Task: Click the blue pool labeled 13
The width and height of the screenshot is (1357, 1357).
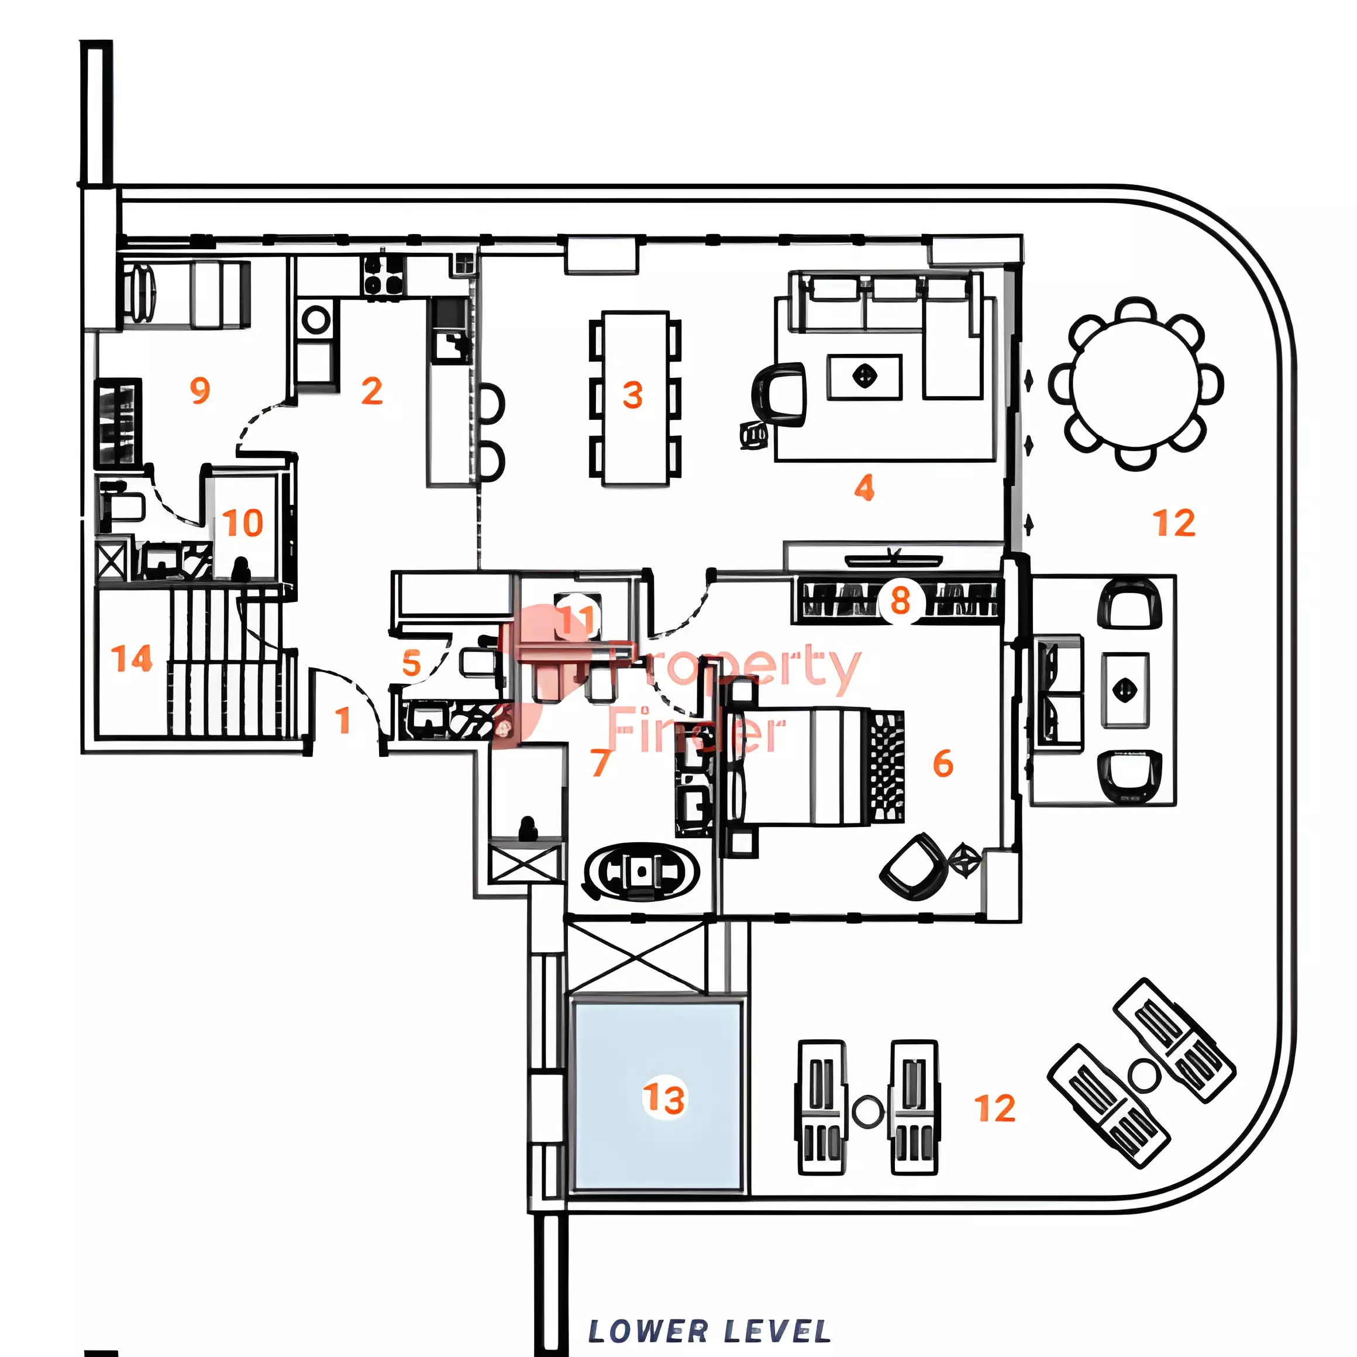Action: pos(658,1096)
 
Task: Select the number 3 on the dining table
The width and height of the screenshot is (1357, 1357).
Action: pos(633,395)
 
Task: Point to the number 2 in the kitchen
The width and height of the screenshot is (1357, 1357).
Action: pos(371,391)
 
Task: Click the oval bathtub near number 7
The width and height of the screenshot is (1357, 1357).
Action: pos(641,871)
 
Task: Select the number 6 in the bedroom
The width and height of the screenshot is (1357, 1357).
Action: pos(943,763)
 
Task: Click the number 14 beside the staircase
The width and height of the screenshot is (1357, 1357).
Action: pos(132,659)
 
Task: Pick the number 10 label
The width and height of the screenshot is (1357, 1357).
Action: pos(243,523)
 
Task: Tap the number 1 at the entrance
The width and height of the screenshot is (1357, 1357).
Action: pos(343,720)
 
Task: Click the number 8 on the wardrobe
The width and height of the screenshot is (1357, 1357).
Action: pos(900,601)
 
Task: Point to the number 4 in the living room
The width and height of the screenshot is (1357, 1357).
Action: pos(864,487)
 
